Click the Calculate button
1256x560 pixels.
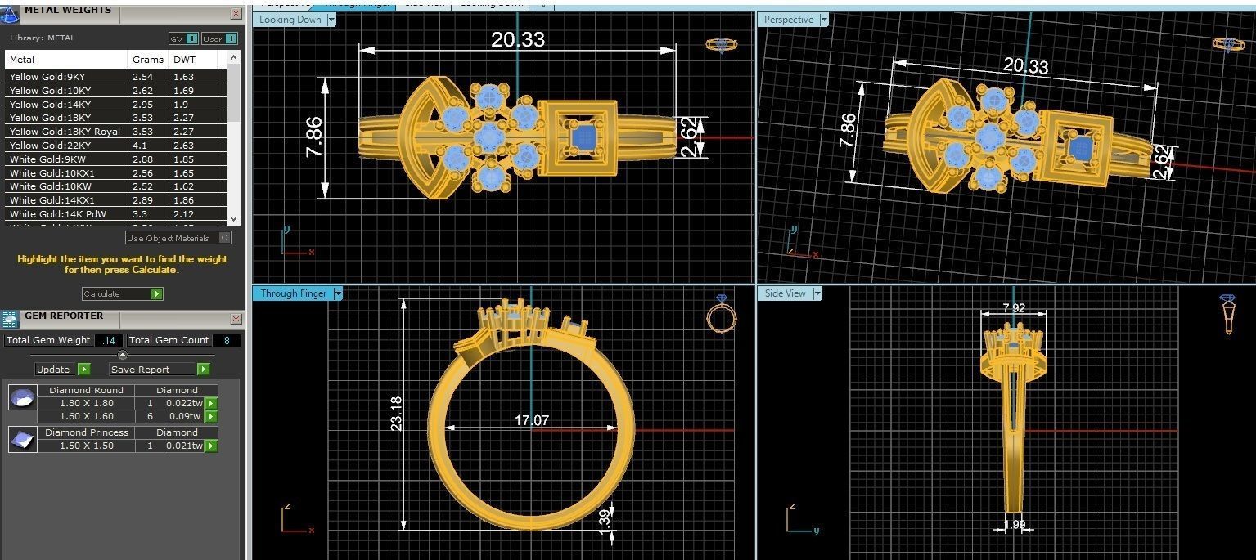pyautogui.click(x=122, y=293)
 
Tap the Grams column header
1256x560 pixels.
pyautogui.click(x=147, y=60)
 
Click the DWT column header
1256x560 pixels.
pyautogui.click(x=184, y=60)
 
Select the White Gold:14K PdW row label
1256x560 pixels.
pyautogui.click(x=57, y=214)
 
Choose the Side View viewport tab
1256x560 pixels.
pyautogui.click(x=786, y=293)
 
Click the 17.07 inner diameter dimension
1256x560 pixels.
pyautogui.click(x=531, y=421)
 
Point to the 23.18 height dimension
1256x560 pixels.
pyautogui.click(x=397, y=414)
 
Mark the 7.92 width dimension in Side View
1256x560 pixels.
pyautogui.click(x=1014, y=309)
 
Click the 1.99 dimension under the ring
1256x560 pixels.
pyautogui.click(x=1014, y=525)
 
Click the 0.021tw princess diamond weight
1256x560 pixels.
pyautogui.click(x=184, y=446)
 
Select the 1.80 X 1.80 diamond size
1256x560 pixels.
pyautogui.click(x=87, y=403)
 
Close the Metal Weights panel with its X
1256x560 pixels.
pyautogui.click(x=236, y=14)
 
